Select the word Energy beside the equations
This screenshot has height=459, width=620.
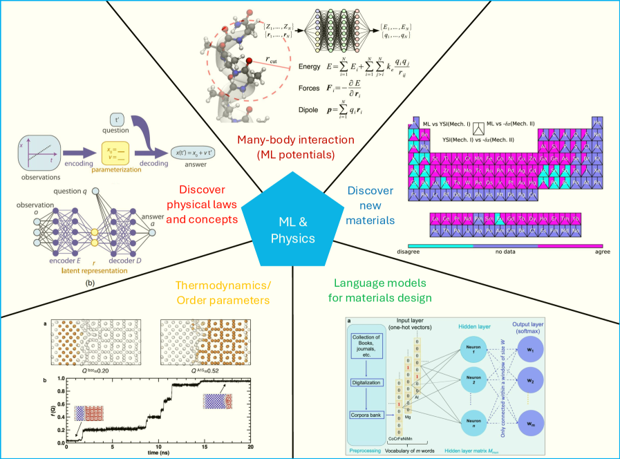coord(310,67)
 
